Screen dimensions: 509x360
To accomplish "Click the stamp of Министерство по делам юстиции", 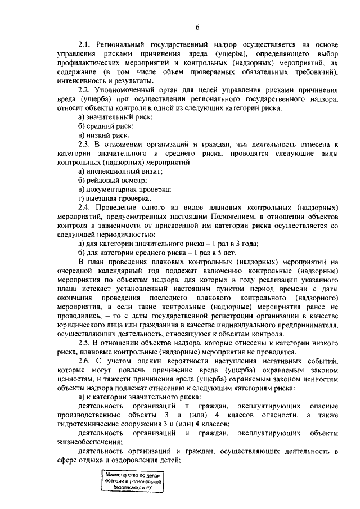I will click(x=133, y=481).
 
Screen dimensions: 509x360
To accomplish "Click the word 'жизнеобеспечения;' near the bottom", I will click(x=89, y=443).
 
